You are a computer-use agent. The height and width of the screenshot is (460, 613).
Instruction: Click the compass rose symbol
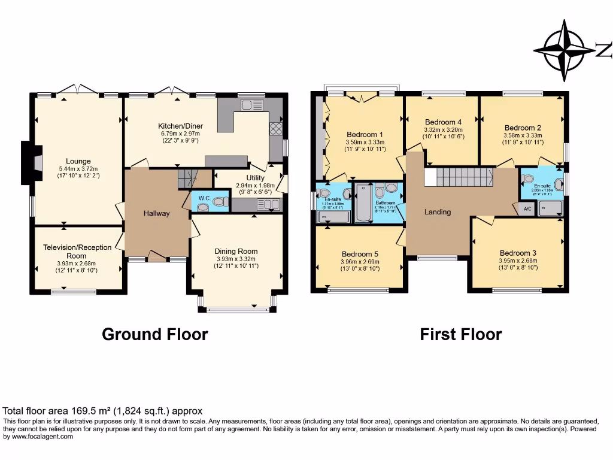565,50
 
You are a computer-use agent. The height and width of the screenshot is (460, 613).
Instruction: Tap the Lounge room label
78,161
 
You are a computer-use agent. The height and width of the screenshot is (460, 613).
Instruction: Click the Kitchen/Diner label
178,126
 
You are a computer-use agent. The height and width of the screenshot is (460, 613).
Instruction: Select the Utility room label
254,178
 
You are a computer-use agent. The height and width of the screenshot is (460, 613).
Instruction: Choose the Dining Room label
236,252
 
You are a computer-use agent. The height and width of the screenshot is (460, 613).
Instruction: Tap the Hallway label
156,213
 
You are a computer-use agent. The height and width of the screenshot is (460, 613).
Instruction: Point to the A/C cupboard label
527,209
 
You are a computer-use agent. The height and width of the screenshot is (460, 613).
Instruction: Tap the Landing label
438,212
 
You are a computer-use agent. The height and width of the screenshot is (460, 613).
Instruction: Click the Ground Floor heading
155,334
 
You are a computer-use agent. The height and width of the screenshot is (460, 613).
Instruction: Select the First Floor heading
461,334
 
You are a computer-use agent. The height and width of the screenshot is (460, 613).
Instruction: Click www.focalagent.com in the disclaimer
38,437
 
